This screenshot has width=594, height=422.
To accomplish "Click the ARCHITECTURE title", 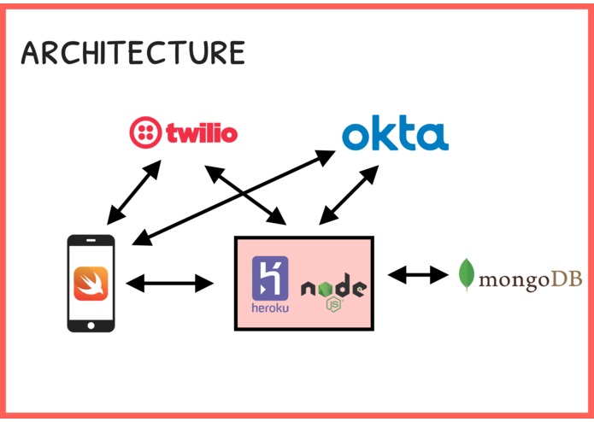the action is [x=133, y=52].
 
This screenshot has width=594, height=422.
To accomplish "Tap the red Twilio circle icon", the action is [x=145, y=132].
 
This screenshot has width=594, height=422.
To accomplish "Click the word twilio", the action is [x=202, y=133].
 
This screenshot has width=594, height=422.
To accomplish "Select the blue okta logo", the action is [x=395, y=132].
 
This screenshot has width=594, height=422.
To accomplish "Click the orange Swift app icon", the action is [x=91, y=284].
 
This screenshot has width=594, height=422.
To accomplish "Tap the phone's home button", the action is [x=91, y=325].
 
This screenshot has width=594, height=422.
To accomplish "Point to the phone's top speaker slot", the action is [x=91, y=240].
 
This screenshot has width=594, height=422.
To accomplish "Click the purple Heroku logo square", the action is [x=270, y=278].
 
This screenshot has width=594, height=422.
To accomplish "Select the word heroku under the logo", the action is [x=270, y=308].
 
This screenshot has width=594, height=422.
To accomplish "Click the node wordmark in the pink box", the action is [x=333, y=288].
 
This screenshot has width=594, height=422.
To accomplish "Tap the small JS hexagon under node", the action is [x=333, y=305].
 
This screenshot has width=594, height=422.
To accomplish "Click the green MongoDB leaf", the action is [x=467, y=274].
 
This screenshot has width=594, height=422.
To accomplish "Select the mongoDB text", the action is [x=531, y=280].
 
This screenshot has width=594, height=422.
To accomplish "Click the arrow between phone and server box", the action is [x=170, y=283].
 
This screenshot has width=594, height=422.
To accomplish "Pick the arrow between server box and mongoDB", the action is [x=418, y=274].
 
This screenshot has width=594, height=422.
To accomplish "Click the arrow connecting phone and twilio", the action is [x=134, y=192].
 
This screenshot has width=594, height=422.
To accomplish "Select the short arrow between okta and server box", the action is [x=349, y=195].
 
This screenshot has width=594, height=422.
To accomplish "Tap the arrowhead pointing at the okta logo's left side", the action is [x=325, y=156].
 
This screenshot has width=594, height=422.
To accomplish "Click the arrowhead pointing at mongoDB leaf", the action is [x=439, y=274].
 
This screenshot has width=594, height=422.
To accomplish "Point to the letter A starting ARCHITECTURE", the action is [x=30, y=53].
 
